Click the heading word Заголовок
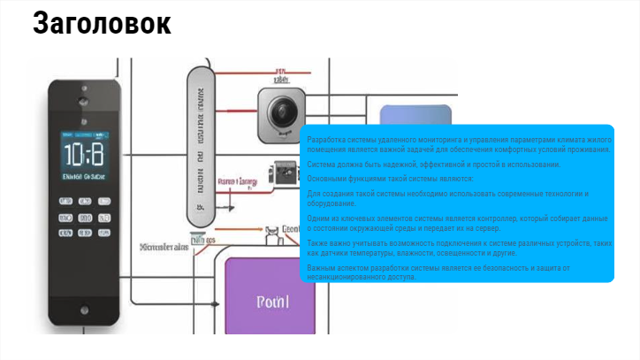pos(102,24)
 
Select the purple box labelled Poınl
pos(271,302)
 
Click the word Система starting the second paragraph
pos(322,165)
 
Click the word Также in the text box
pos(318,242)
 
